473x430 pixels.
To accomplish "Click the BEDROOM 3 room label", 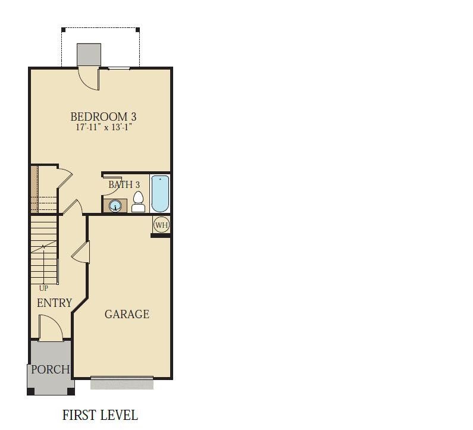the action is click(x=103, y=117).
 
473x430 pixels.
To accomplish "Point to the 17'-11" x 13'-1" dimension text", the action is click(x=104, y=127).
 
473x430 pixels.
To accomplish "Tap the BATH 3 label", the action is click(x=124, y=184).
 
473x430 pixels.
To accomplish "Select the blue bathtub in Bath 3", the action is click(x=160, y=194).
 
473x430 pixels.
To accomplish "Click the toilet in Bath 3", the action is click(x=139, y=202).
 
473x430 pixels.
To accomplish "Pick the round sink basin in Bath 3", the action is click(x=115, y=206).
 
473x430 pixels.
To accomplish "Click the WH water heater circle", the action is click(x=161, y=225).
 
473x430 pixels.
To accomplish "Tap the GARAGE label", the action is click(x=127, y=314).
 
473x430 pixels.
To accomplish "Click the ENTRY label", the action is click(x=55, y=303).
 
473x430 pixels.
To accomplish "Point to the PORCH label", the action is click(x=51, y=369).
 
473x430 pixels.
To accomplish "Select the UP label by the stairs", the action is click(x=43, y=288).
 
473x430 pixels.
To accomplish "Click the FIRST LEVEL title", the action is click(x=100, y=415).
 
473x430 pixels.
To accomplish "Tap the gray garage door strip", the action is click(x=122, y=383).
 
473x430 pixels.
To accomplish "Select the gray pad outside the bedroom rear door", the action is click(x=89, y=54).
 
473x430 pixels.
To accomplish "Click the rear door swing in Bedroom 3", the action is click(x=89, y=79).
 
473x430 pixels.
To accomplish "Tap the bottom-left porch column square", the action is click(x=31, y=391).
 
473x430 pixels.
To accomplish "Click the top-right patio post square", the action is click(x=137, y=30).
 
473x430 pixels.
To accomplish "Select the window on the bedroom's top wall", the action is click(x=119, y=68).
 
